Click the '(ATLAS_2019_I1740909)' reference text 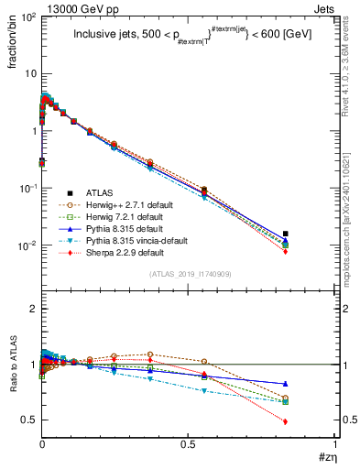[189, 275]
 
